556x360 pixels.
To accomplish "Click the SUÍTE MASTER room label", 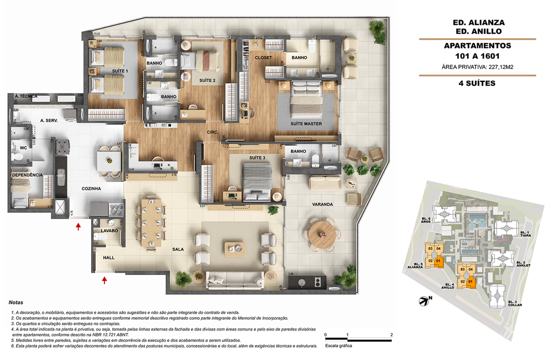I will (306, 124).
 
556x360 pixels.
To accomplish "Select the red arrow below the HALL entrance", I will (105, 280).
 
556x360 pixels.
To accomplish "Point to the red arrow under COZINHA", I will (78, 226).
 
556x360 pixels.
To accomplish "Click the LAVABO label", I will (109, 231).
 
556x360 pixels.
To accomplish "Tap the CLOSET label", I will (263, 58).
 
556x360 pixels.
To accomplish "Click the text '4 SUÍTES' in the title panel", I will (477, 83).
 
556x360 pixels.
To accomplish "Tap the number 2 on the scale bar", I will (392, 335).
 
